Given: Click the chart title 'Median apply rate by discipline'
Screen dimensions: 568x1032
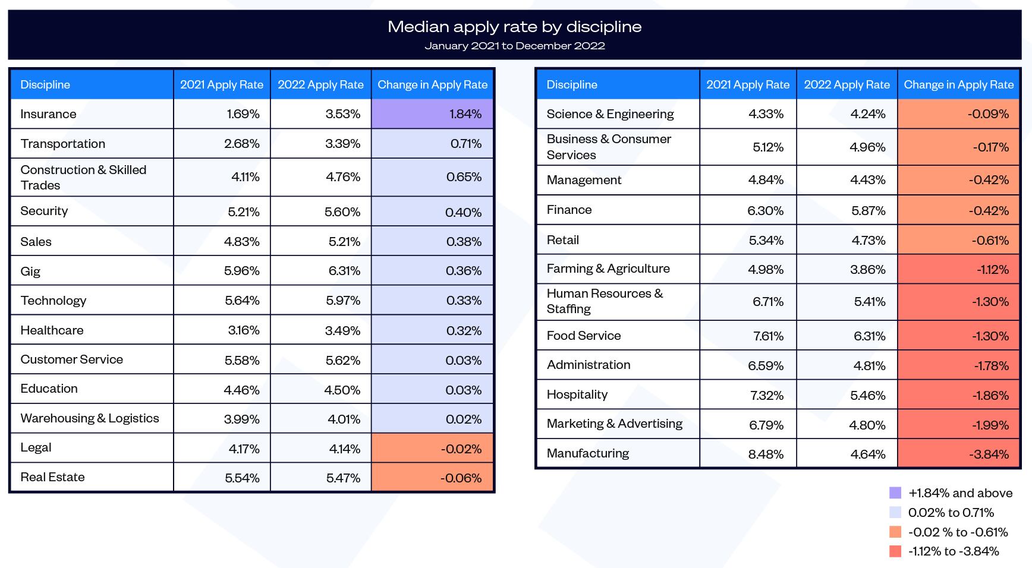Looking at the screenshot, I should click(x=514, y=27).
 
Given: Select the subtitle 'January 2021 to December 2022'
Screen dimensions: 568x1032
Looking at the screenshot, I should click(x=514, y=46).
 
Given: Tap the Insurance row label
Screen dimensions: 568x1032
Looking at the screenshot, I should click(x=48, y=114).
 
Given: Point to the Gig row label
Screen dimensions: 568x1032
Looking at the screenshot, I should click(x=30, y=272).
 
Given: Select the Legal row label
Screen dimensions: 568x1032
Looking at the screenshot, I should click(x=36, y=448).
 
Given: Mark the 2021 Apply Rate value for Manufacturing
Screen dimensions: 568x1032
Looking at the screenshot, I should click(x=766, y=454).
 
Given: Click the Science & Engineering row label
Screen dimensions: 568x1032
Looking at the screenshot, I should click(x=610, y=114).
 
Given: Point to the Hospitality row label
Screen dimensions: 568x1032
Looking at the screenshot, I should click(x=577, y=395).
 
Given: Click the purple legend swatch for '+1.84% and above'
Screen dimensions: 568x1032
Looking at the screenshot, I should click(x=895, y=493).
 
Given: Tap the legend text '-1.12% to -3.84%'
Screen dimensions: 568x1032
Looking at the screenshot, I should click(x=953, y=551).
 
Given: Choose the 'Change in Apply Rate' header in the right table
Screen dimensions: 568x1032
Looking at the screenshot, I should click(x=958, y=85).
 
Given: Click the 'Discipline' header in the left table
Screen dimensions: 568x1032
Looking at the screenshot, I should click(x=45, y=85).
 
